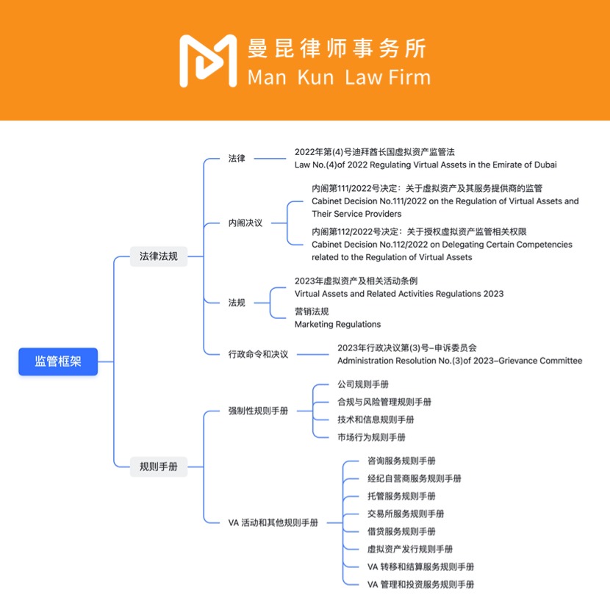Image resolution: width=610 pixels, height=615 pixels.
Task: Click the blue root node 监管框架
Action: tap(58, 362)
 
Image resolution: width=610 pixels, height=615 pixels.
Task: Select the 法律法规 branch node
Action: tap(159, 256)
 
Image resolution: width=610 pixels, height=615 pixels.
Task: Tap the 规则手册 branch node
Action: tap(159, 467)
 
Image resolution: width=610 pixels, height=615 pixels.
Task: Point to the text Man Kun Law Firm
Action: tap(339, 76)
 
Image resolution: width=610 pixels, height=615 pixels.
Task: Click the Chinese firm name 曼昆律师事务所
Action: tap(337, 48)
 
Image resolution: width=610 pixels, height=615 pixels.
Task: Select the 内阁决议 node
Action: tap(245, 223)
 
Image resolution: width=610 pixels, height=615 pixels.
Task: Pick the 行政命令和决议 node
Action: tap(258, 354)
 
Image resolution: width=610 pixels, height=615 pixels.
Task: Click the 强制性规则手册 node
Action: tap(258, 411)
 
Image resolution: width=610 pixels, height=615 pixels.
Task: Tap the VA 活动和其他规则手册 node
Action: tap(273, 522)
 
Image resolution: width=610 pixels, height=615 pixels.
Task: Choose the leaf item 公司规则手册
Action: tap(363, 384)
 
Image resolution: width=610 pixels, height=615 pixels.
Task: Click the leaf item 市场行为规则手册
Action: tap(371, 437)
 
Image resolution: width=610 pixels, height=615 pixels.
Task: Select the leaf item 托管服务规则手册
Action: tap(401, 496)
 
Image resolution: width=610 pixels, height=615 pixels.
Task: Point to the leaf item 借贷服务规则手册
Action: tap(401, 531)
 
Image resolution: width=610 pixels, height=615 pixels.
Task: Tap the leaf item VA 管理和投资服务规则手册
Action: tap(420, 584)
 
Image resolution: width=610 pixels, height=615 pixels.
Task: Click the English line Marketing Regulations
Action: tap(337, 324)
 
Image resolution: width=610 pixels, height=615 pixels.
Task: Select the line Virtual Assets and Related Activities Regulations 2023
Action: tap(399, 294)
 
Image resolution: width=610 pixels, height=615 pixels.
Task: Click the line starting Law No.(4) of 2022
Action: tap(426, 165)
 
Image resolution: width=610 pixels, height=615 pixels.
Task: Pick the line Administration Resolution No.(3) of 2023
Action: tap(459, 361)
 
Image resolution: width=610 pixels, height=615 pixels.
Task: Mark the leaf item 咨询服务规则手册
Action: tap(401, 461)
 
